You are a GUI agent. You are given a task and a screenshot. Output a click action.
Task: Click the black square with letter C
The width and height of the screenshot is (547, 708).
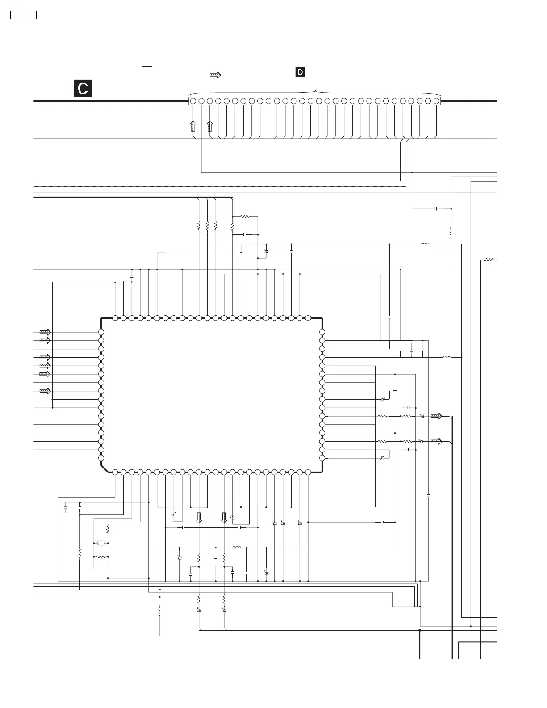[83, 88]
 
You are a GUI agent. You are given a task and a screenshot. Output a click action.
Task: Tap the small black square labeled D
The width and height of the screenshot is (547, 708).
[300, 72]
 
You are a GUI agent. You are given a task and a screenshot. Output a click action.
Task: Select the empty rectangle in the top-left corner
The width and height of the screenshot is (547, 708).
[23, 15]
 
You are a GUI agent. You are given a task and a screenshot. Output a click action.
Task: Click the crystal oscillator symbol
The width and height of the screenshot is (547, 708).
[101, 543]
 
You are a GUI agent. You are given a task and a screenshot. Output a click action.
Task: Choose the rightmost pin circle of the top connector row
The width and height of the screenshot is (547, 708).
[436, 101]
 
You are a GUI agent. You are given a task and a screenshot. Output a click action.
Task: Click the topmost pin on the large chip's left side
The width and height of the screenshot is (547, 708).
[101, 332]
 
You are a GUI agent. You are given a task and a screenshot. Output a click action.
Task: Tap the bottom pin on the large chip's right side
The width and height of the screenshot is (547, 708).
[322, 458]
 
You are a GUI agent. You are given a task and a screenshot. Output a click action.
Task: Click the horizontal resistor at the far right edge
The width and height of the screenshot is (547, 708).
[489, 260]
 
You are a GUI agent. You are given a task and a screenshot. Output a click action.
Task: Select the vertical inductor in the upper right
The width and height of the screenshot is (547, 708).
[451, 231]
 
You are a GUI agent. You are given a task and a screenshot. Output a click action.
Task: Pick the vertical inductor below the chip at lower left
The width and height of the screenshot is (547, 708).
[159, 611]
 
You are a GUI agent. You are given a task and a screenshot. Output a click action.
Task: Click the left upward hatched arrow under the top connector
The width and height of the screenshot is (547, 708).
[193, 126]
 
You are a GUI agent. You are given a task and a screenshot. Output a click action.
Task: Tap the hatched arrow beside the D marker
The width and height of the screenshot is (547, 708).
[215, 75]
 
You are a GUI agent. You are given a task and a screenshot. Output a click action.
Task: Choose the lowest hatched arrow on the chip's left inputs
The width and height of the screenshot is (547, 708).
[45, 391]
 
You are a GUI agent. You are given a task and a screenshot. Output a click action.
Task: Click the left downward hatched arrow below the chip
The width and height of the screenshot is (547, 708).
[199, 518]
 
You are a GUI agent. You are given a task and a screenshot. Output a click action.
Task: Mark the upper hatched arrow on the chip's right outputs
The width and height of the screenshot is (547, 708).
[436, 416]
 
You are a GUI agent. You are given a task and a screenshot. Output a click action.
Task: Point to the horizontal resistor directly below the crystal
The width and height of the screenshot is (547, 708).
[101, 557]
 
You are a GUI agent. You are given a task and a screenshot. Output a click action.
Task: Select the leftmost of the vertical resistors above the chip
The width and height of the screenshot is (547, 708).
[199, 226]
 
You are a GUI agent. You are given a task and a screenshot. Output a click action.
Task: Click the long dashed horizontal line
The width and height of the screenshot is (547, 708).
[219, 185]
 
